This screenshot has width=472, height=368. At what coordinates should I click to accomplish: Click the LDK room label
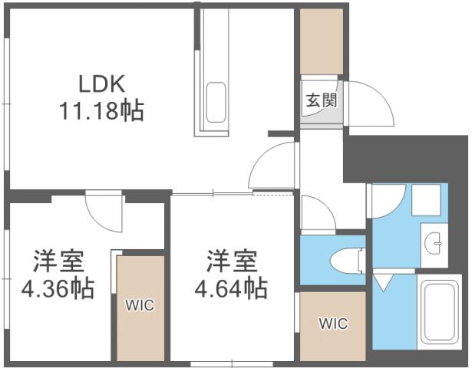point(99,82)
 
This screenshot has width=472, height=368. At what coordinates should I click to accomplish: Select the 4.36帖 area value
point(58,289)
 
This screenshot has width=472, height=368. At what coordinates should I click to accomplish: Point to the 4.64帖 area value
point(231,289)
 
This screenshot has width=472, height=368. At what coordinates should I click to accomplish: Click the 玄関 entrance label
point(319,100)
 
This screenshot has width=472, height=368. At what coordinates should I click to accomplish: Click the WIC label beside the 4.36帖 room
point(140,305)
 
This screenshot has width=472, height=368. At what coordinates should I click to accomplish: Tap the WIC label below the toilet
point(333,324)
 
